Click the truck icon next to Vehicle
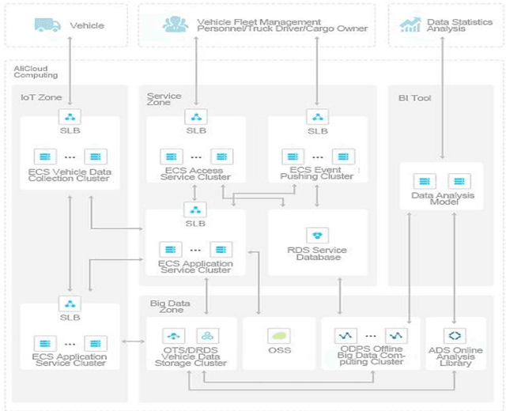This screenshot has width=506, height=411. (x=47, y=25)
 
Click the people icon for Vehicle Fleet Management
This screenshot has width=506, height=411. (x=174, y=25)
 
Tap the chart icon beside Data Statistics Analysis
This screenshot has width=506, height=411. (x=410, y=25)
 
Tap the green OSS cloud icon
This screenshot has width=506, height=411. (x=279, y=335)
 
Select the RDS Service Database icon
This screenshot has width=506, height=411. (x=318, y=236)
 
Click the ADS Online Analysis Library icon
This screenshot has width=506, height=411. (x=456, y=335)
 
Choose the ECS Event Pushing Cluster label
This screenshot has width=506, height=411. (x=317, y=174)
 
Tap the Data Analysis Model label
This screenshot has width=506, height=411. (x=440, y=199)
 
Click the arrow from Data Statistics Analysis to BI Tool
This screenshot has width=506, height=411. (x=441, y=103)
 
